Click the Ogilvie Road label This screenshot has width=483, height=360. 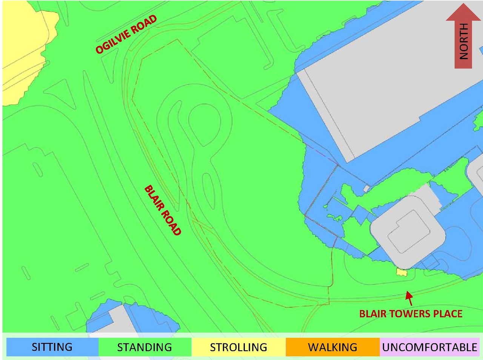pyautogui.click(x=126, y=34)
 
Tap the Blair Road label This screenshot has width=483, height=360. pyautogui.click(x=163, y=210)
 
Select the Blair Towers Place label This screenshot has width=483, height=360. pyautogui.click(x=411, y=314)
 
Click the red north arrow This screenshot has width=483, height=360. pyautogui.click(x=463, y=36)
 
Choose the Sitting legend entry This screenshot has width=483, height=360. pyautogui.click(x=52, y=347)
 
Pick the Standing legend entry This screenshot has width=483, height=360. pyautogui.click(x=145, y=347)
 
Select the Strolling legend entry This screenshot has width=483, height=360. pyautogui.click(x=238, y=347)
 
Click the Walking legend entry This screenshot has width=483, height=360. pyautogui.click(x=332, y=347)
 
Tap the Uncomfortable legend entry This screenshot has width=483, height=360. pyautogui.click(x=429, y=347)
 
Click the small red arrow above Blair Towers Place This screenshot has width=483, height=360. pyautogui.click(x=409, y=298)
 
